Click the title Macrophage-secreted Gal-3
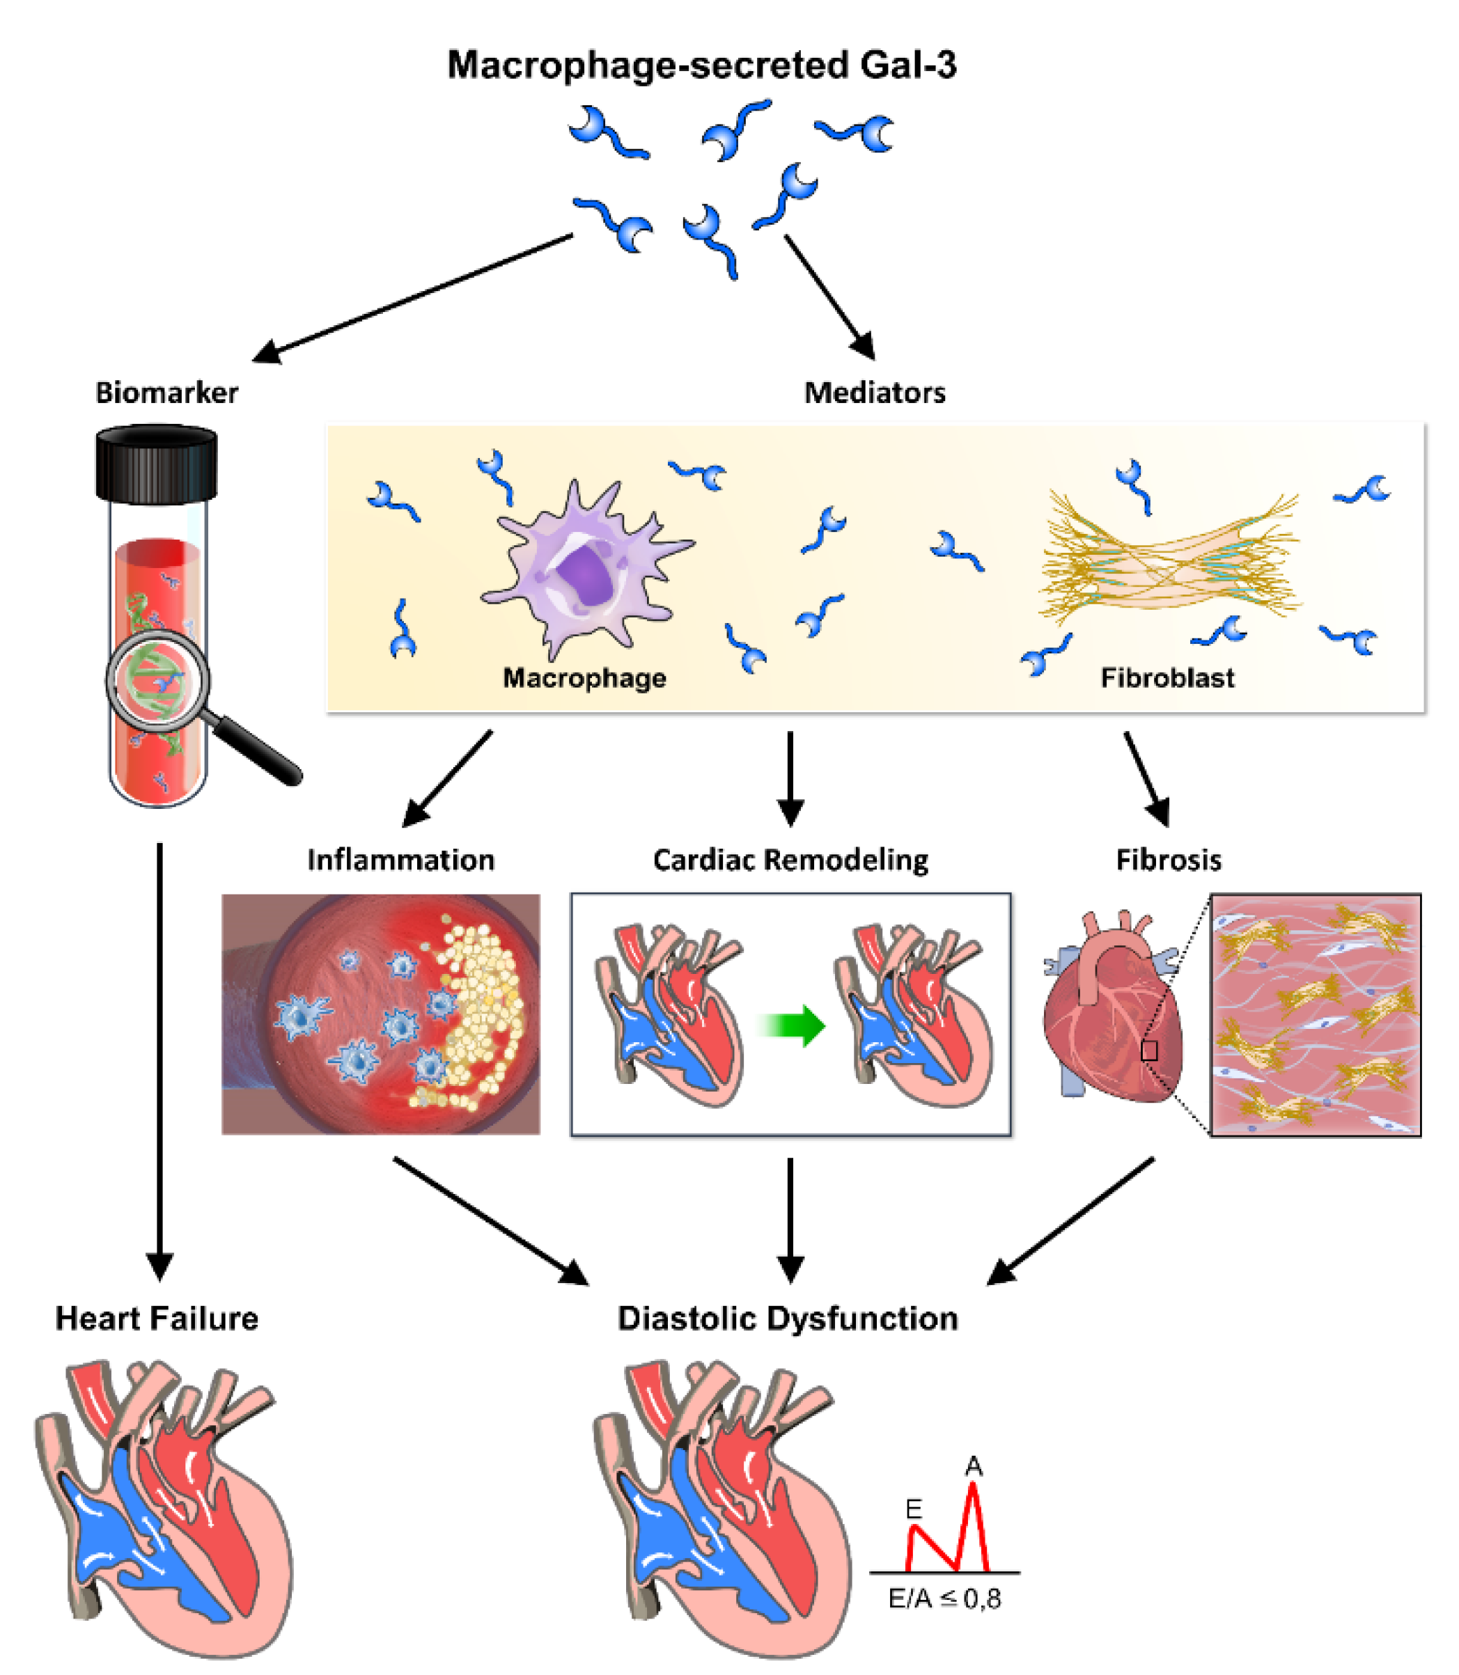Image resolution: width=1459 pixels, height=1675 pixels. [x=702, y=65]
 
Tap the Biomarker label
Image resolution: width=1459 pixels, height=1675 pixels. [x=167, y=393]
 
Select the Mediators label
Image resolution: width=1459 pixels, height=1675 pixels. [x=875, y=393]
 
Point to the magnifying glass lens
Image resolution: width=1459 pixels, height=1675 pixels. [x=158, y=680]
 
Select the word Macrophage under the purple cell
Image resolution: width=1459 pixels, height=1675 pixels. [x=584, y=678]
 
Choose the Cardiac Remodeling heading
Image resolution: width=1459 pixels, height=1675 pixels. [x=790, y=860]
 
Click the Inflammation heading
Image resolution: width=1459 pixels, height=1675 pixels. [x=400, y=860]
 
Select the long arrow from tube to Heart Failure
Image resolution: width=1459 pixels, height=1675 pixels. [x=159, y=1058]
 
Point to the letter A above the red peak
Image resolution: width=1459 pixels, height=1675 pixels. [x=973, y=1466]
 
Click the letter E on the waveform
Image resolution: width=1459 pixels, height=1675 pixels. [x=914, y=1509]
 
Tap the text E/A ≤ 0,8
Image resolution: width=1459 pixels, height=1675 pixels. [x=944, y=1598]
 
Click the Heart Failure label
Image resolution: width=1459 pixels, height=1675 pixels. [x=156, y=1319]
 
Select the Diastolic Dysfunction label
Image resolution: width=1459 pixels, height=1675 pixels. [x=788, y=1319]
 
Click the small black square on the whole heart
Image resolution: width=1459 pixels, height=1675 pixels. [x=1149, y=1051]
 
